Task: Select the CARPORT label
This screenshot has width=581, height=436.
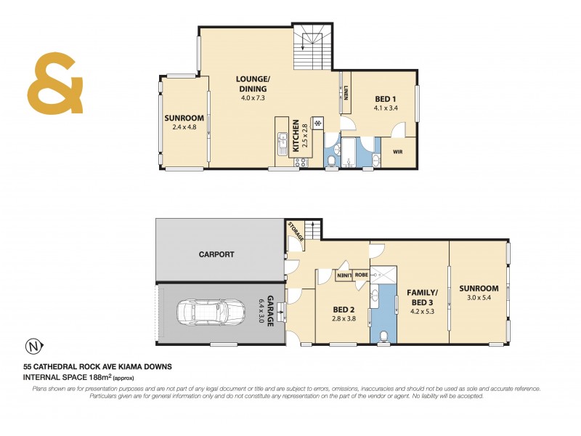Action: [217, 254]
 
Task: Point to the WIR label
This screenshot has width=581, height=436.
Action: [397, 152]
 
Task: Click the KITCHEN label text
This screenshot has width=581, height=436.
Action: [296, 137]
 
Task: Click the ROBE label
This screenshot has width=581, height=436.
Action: [361, 275]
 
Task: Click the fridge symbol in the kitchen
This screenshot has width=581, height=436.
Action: [317, 122]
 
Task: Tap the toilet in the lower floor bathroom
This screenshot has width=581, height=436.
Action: [384, 335]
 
